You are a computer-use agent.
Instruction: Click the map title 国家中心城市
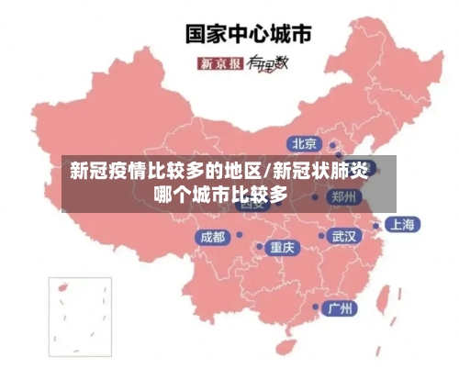(249, 33)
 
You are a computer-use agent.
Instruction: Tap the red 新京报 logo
(220, 63)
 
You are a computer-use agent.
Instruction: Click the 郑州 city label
(345, 196)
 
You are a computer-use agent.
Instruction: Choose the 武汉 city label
(344, 236)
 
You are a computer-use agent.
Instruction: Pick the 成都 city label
(212, 236)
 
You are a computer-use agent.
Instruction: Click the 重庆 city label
(282, 247)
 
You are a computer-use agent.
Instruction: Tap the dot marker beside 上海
(375, 224)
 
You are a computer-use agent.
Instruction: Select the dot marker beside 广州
(317, 307)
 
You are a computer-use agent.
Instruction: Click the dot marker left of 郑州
(315, 196)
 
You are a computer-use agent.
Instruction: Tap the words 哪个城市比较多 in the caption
(220, 195)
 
